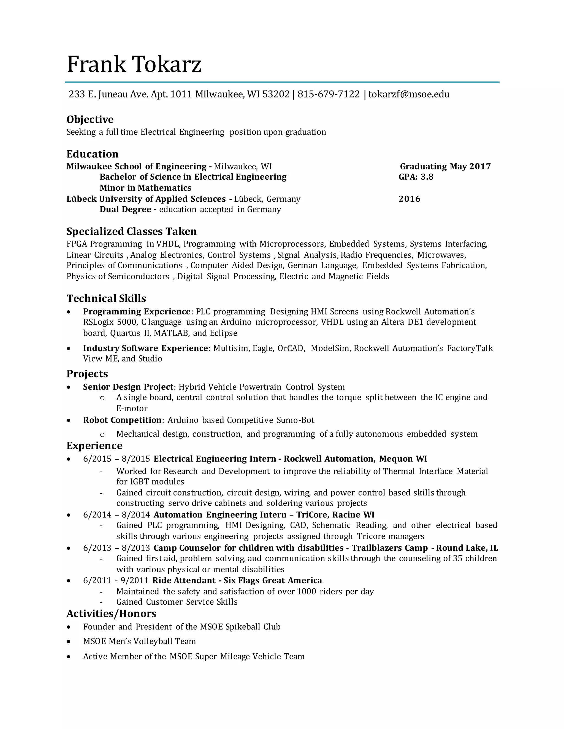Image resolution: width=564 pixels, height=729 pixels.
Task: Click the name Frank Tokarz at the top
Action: [x=134, y=64]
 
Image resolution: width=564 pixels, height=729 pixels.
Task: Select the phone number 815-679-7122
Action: [x=329, y=94]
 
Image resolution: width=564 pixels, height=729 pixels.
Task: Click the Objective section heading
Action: [x=90, y=119]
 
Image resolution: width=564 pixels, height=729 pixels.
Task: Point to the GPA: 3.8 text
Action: [x=416, y=177]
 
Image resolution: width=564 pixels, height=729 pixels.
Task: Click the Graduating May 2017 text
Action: [x=445, y=166]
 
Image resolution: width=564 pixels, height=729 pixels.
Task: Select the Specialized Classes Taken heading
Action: [x=131, y=231]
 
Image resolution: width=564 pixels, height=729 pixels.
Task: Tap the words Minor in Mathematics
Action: [x=145, y=188]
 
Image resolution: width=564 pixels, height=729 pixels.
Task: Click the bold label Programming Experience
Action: [x=137, y=311]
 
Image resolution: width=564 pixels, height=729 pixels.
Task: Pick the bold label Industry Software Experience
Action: [x=146, y=348]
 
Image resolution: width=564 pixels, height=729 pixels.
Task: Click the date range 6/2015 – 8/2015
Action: [x=116, y=459]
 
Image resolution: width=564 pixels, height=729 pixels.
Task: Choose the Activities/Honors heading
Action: [x=111, y=613]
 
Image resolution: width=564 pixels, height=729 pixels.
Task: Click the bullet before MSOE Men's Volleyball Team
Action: [x=69, y=642]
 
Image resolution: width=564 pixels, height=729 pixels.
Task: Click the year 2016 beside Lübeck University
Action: [x=409, y=199]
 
